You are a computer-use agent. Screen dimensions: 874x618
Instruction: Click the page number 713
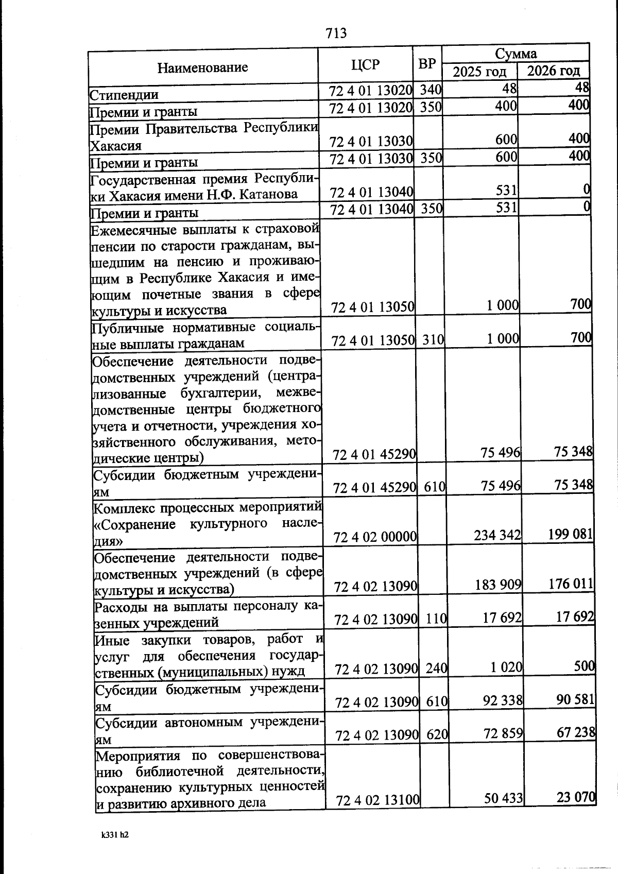[x=336, y=33]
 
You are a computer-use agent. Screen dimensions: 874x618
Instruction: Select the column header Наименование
[x=202, y=67]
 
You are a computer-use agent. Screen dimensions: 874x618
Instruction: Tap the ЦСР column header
[x=365, y=65]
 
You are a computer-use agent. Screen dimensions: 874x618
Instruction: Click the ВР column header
[x=427, y=64]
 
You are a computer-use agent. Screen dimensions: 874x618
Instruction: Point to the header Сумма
[x=516, y=54]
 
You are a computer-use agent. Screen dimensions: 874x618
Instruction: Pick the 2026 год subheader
[x=554, y=71]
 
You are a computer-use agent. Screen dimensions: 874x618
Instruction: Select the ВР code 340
[x=431, y=90]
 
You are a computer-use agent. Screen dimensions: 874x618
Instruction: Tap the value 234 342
[x=497, y=535]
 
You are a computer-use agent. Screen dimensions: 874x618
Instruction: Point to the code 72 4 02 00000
[x=375, y=537]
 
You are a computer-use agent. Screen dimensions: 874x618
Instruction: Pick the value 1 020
[x=507, y=668]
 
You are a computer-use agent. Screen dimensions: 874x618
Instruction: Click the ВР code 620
[x=437, y=735]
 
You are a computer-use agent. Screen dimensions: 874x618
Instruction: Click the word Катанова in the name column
[x=269, y=194]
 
